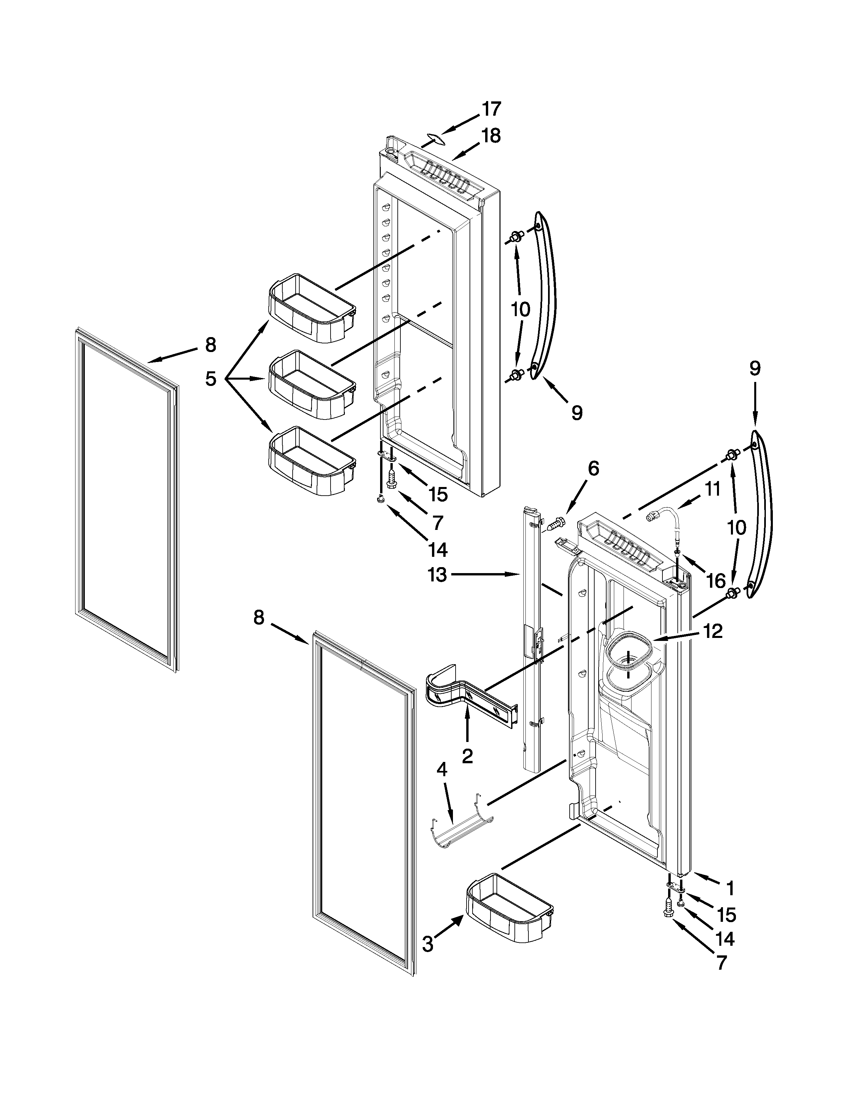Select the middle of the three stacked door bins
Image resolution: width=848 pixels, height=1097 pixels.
click(312, 384)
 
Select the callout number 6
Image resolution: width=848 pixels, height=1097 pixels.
click(593, 469)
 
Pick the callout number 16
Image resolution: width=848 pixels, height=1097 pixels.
click(716, 581)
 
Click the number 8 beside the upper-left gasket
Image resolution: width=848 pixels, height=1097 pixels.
click(211, 345)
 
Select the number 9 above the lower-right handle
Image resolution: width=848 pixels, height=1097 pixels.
click(755, 368)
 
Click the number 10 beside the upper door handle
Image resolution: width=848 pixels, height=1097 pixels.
click(520, 309)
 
